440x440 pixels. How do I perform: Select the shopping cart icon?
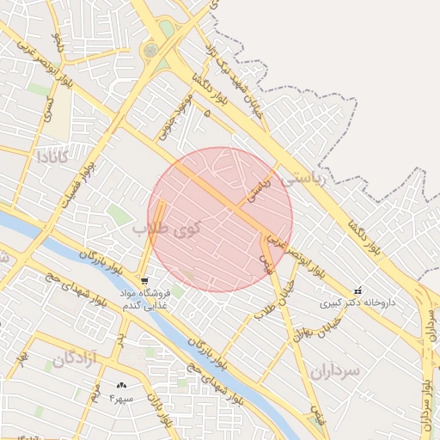coord(144,281)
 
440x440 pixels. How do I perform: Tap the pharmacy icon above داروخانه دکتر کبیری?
coord(357,290)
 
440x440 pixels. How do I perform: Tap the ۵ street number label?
coord(206,113)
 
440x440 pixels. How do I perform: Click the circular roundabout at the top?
coord(151,51)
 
